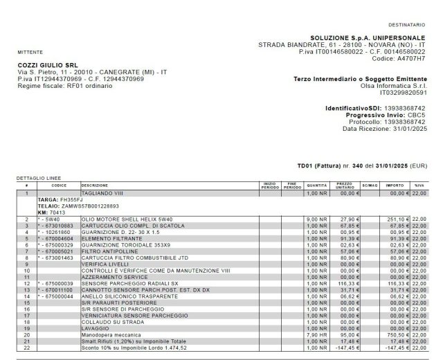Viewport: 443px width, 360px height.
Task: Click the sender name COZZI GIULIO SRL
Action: (x=47, y=65)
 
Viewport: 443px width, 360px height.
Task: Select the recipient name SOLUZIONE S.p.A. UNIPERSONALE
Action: (x=368, y=38)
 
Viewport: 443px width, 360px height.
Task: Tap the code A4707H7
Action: (x=410, y=59)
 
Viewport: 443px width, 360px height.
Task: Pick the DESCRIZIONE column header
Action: (x=94, y=186)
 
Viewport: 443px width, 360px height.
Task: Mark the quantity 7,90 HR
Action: (x=316, y=333)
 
